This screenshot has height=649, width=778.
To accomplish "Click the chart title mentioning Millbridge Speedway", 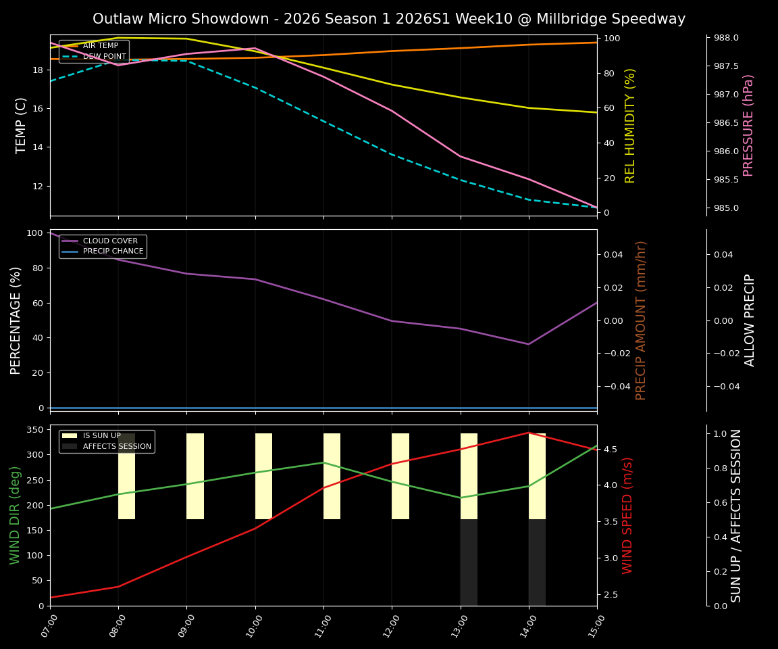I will point(389,19).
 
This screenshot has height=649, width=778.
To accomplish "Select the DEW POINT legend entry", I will point(104,57).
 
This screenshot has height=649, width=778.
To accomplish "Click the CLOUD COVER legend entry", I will point(110,241).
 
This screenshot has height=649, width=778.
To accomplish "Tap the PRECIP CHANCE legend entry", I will point(113,251).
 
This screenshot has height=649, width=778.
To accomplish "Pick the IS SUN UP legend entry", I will point(101,436).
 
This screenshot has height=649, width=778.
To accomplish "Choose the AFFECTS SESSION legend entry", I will point(116,446).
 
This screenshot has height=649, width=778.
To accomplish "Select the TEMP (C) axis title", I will point(22,125).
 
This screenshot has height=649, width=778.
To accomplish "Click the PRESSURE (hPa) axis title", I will point(748,125).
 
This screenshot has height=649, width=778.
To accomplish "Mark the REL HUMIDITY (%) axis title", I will point(630,125).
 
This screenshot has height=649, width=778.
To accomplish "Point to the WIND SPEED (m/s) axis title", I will point(627,515).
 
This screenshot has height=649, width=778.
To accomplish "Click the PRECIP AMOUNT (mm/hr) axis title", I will point(641,320).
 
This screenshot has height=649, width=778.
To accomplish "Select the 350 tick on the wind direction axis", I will point(36,429).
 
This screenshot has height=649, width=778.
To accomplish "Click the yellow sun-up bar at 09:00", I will point(195,476).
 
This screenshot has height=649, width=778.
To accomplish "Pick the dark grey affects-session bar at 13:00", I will point(469,562).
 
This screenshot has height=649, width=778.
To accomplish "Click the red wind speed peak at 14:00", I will point(528,433).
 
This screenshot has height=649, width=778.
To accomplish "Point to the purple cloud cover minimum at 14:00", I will point(528,344).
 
